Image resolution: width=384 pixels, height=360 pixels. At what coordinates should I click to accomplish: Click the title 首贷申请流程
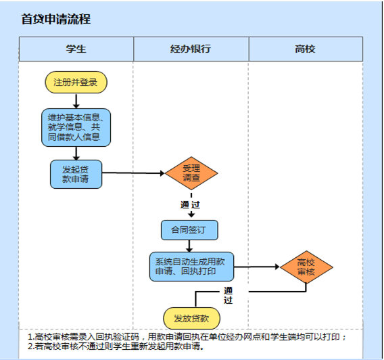point(56,19)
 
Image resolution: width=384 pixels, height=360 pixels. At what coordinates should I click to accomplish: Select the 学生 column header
point(76,49)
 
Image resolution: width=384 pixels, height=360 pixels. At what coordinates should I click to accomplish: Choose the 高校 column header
point(306,49)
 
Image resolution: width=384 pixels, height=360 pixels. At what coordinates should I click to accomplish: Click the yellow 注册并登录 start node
point(76,83)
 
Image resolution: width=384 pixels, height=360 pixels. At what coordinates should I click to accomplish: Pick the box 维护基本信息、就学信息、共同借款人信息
point(76,127)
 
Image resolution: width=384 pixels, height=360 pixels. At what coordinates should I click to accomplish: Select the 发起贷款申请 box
point(76,174)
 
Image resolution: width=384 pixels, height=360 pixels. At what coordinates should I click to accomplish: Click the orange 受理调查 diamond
point(191,173)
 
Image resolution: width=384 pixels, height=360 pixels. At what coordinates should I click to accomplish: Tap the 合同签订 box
point(189,230)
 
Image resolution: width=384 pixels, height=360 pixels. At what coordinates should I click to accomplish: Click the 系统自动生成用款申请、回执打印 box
point(191,267)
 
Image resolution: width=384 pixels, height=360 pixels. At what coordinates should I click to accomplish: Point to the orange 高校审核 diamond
point(306,267)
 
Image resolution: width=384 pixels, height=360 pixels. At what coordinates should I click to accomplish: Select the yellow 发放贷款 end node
point(191,318)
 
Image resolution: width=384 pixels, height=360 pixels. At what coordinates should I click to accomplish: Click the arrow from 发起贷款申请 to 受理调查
point(133,173)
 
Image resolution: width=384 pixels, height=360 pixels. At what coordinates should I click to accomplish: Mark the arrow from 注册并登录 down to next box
point(76,101)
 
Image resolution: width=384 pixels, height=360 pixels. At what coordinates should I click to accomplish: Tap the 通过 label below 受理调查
point(190,204)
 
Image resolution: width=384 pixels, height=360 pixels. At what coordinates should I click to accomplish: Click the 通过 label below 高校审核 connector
point(228,295)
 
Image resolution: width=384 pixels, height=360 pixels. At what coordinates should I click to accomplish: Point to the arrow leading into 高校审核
point(257,267)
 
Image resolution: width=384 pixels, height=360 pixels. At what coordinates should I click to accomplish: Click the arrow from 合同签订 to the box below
point(189,246)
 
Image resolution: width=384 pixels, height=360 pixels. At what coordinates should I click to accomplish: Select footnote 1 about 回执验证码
point(187,337)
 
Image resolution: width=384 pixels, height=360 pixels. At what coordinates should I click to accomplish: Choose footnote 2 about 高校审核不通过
point(116,346)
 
